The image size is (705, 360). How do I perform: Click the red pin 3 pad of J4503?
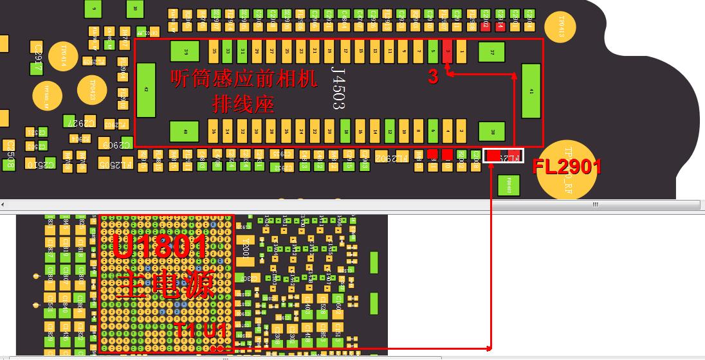448,51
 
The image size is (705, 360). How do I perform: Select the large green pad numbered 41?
531,91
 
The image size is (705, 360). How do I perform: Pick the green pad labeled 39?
185,51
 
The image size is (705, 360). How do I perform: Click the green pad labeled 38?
492,132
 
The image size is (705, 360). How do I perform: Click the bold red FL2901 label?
567,167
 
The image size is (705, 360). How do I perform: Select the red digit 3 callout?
433,77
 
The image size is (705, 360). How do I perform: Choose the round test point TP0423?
92,90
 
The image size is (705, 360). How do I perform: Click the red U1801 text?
160,247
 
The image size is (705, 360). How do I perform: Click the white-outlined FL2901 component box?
503,156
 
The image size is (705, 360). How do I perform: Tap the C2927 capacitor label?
82,123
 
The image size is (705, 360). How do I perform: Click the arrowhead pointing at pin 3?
448,74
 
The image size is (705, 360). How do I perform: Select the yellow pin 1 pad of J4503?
462,51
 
